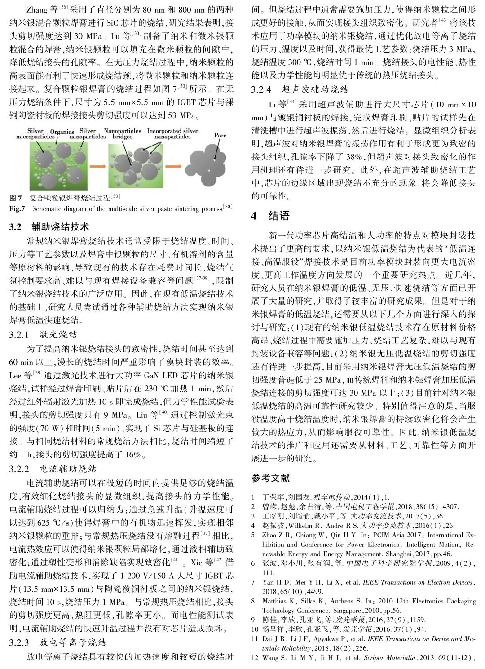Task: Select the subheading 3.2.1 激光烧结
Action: click(x=43, y=334)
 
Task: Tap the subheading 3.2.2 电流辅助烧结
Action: click(x=53, y=469)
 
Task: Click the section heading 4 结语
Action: click(x=270, y=216)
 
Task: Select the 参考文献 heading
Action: click(x=271, y=478)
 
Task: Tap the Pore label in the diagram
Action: click(x=220, y=135)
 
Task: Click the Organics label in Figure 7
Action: click(x=62, y=133)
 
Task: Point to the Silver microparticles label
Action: click(x=35, y=133)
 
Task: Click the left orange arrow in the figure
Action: click(x=95, y=167)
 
